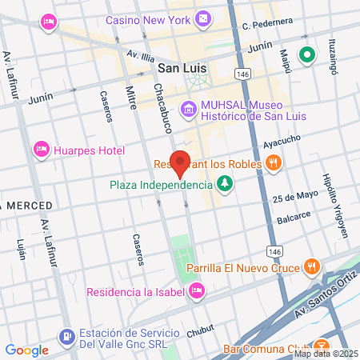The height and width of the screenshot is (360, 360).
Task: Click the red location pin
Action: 181,163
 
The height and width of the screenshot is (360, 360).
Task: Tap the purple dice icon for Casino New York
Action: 204,17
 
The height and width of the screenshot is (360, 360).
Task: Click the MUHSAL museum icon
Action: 187,108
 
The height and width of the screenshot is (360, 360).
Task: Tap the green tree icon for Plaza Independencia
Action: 226,185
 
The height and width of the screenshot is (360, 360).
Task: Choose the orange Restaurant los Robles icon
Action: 274,164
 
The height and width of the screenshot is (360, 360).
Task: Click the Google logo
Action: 26,350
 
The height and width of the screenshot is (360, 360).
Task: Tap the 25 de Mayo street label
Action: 290,198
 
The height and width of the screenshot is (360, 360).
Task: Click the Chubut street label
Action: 200,329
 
